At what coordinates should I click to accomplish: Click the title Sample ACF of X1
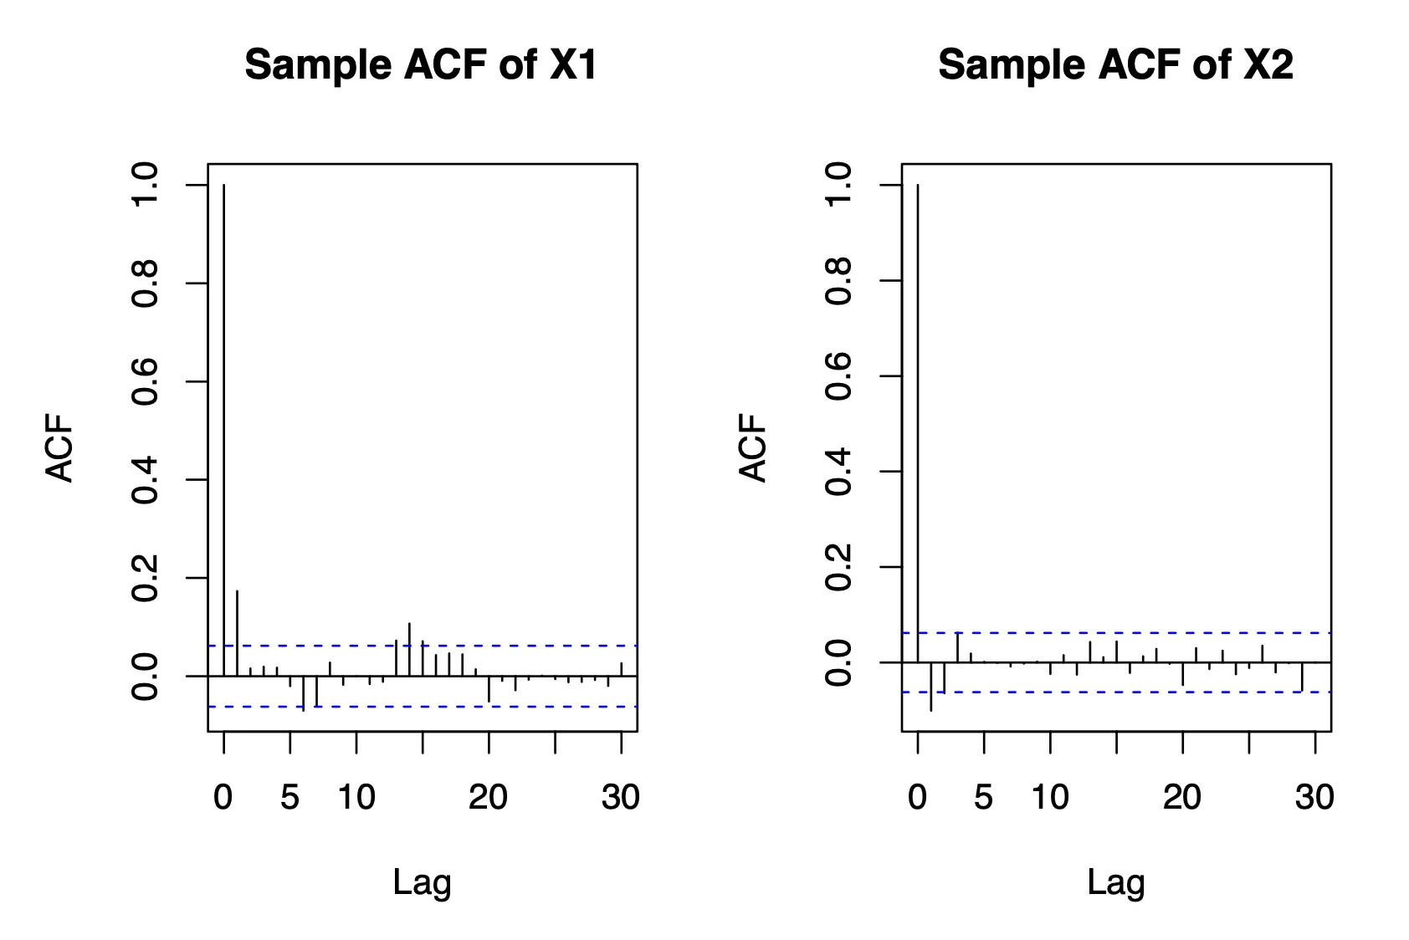(421, 64)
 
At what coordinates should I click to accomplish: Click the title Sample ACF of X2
(1115, 64)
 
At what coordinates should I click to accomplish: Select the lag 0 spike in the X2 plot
(918, 418)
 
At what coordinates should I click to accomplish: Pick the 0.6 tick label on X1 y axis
(145, 381)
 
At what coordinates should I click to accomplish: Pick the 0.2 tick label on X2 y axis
(838, 567)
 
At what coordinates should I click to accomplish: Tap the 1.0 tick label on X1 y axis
(145, 185)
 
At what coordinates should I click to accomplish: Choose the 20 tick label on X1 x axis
(488, 798)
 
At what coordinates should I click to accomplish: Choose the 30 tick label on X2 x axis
(1314, 798)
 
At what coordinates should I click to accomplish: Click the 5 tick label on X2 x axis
(984, 798)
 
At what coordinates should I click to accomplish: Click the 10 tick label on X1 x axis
(356, 798)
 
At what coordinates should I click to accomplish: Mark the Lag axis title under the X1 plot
(422, 883)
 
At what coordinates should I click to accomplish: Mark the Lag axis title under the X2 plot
(1115, 883)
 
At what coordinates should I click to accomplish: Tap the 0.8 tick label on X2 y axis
(838, 281)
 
